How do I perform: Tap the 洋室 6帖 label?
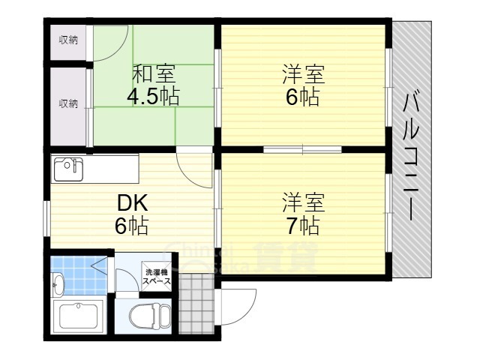point(302,86)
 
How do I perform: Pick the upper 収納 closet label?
point(68,40)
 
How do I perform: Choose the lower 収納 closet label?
point(68,103)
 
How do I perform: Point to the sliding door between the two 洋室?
point(303,150)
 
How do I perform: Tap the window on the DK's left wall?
point(46,214)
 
